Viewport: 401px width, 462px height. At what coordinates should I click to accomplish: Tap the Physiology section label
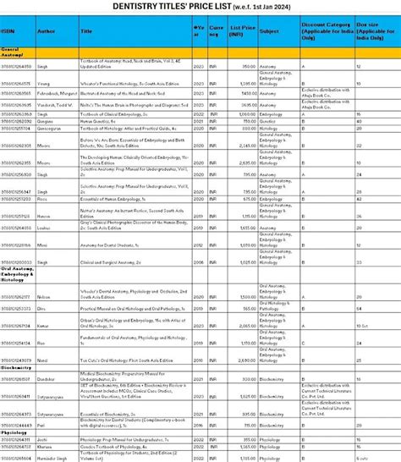point(14,432)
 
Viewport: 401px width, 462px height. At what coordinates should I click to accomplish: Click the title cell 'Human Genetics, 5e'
point(97,120)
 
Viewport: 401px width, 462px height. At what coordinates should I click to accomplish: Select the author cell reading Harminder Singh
point(53,457)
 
